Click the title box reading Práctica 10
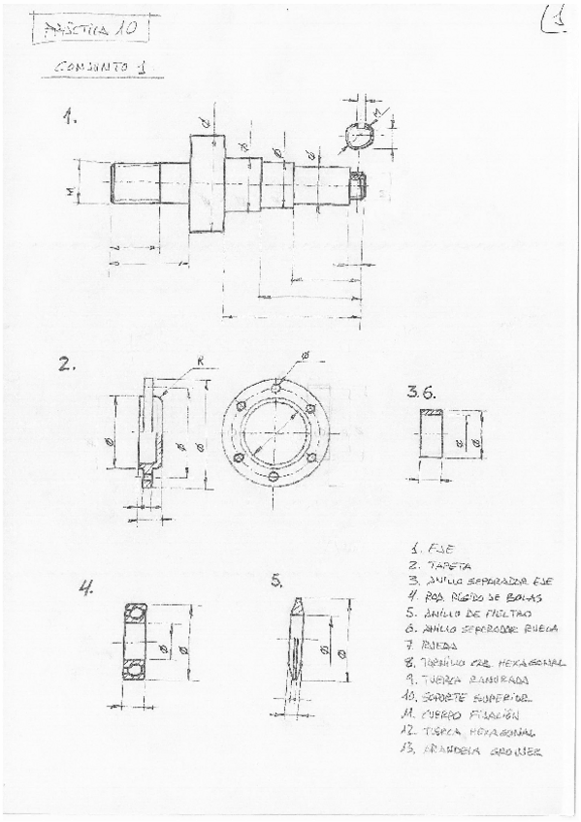[90, 30]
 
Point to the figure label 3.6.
[425, 392]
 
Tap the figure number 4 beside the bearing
[87, 587]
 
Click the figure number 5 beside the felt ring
[277, 581]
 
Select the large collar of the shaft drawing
[207, 182]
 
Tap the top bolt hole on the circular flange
[276, 388]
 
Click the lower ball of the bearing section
[135, 670]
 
